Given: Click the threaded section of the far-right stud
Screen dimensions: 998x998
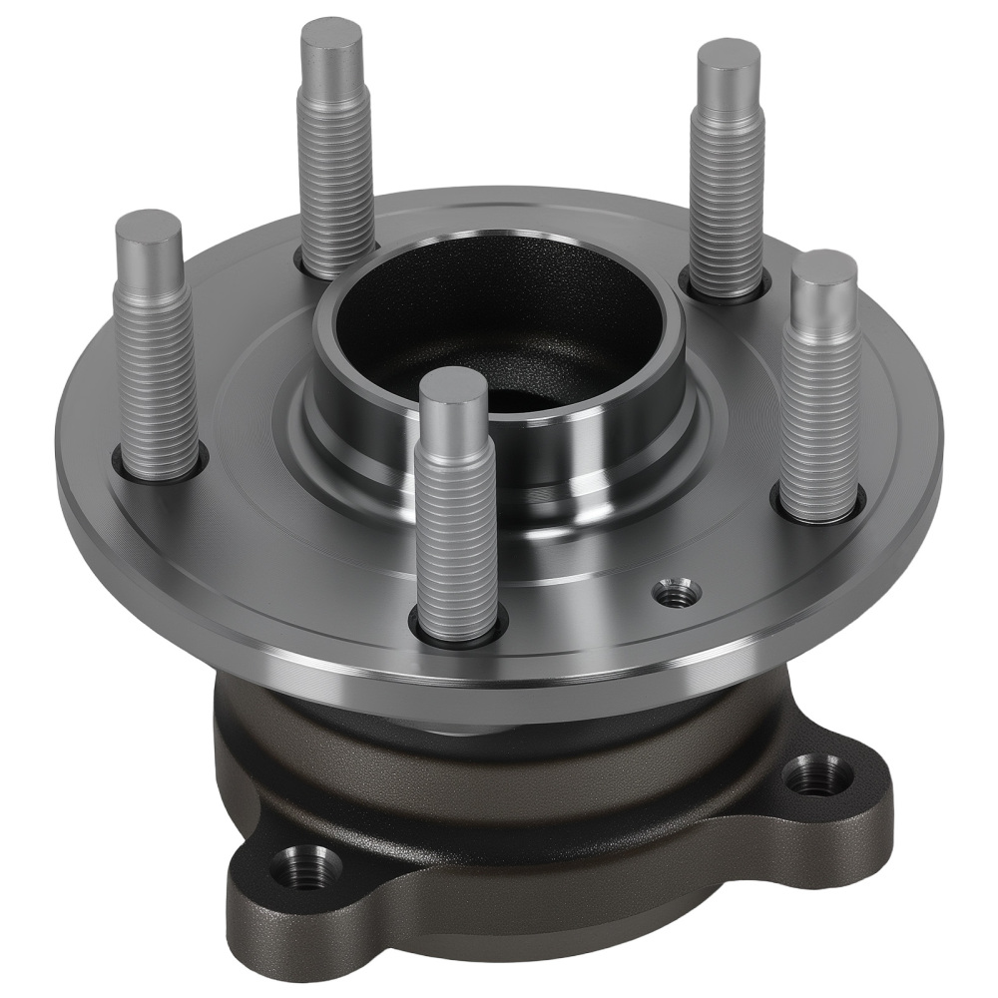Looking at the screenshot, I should pos(820,419).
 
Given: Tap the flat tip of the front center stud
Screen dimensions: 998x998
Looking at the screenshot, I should pos(453,381).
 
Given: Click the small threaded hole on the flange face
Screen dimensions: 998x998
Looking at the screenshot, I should pos(677,593).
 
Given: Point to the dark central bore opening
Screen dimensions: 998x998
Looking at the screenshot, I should pos(499,319).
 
